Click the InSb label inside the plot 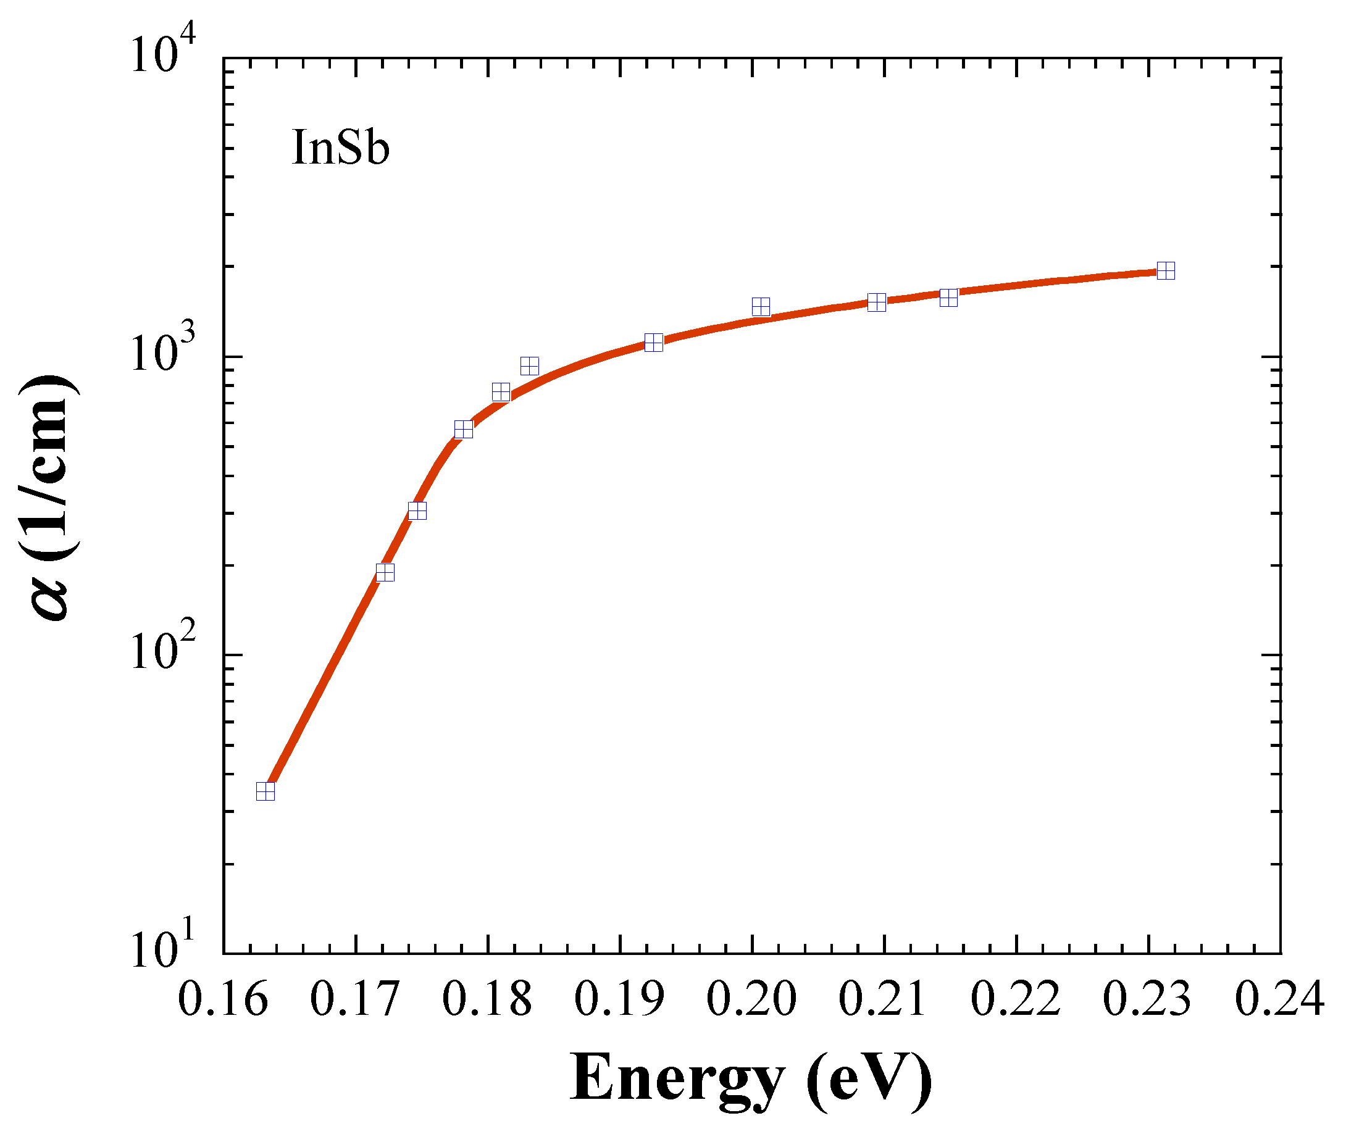(340, 149)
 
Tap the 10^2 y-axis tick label (163, 653)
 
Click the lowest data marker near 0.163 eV (265, 791)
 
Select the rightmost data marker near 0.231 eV (1166, 270)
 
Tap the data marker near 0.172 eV (385, 572)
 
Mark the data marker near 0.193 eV (653, 343)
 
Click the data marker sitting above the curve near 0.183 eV (529, 367)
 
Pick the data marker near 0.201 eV (761, 307)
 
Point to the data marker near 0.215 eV (948, 298)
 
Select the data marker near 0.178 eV (464, 430)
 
